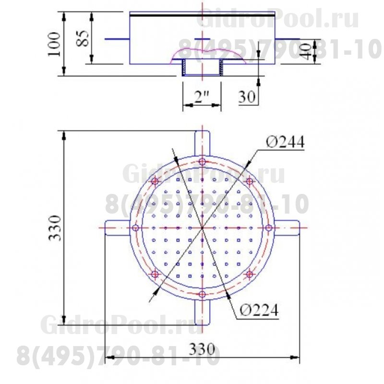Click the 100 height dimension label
54,44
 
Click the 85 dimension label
83,38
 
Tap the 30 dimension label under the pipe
246,97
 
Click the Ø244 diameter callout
285,142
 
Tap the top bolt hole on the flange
202,161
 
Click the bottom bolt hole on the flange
202,294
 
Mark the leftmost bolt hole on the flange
135,228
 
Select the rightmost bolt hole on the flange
269,228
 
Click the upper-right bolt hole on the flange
249,181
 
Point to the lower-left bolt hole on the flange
155,274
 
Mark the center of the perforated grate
202,228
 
